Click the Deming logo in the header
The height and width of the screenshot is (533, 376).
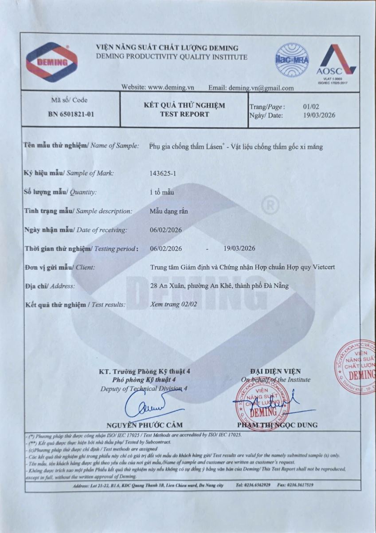51,62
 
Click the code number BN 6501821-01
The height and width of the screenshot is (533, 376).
71,114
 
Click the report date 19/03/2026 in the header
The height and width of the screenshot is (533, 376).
319,115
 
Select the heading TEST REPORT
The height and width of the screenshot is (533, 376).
184,114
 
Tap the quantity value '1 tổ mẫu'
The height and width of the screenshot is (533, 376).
162,192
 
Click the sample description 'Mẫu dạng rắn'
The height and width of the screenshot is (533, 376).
169,211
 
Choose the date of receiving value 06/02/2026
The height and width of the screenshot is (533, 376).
166,230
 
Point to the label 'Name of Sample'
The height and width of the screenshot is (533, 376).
115,146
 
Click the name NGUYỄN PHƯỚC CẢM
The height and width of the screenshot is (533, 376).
144,425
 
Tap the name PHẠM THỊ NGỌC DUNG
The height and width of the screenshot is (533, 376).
278,425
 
